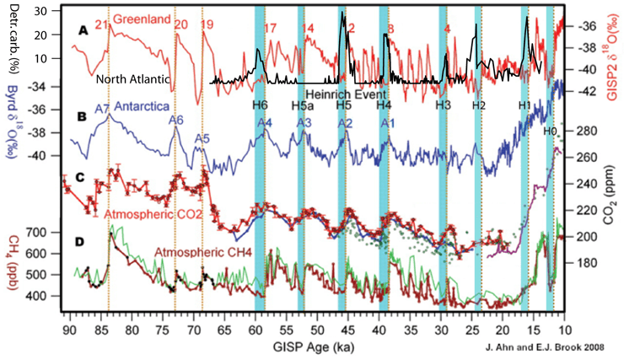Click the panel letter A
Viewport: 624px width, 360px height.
pyautogui.click(x=83, y=30)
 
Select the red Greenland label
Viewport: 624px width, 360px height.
pyautogui.click(x=140, y=19)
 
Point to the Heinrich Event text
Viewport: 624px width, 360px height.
pyautogui.click(x=344, y=94)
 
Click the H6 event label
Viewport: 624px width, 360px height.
pyautogui.click(x=260, y=105)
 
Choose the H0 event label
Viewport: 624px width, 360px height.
pyautogui.click(x=549, y=130)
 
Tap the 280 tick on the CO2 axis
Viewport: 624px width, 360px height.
pyautogui.click(x=584, y=131)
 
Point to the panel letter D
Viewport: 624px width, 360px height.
pyautogui.click(x=80, y=243)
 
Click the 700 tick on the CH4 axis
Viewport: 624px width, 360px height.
pyautogui.click(x=46, y=231)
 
